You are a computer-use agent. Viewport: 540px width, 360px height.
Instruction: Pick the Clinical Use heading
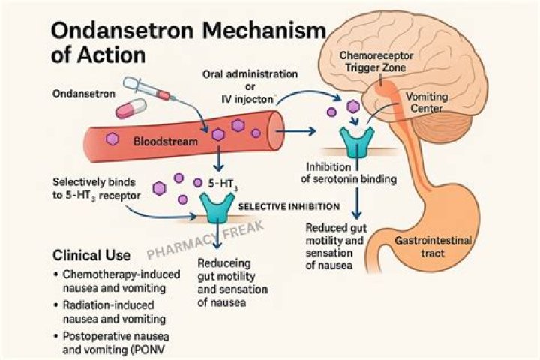[x=92, y=254]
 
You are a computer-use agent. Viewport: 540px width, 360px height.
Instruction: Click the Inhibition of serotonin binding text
[x=351, y=172]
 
